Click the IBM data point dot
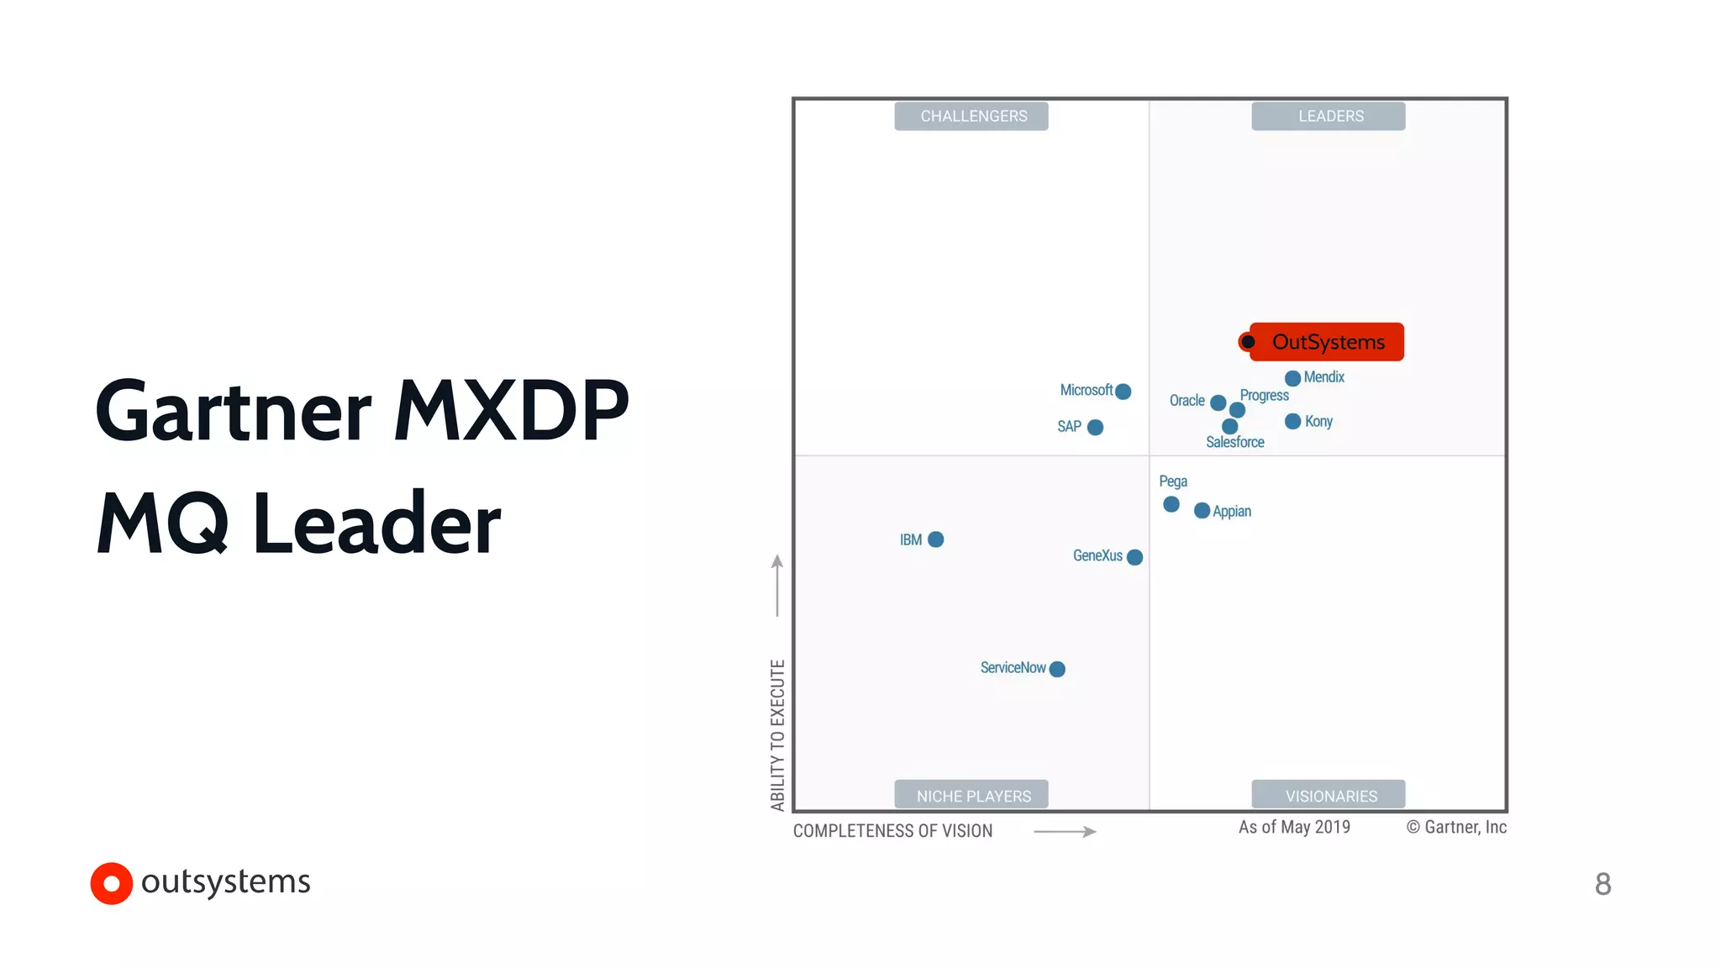click(935, 539)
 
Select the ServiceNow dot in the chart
click(1057, 669)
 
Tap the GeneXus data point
click(1134, 557)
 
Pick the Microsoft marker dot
click(1123, 392)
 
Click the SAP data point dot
click(1095, 428)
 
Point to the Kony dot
click(1292, 421)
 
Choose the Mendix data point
click(1292, 378)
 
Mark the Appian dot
click(1202, 511)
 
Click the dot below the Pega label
click(1171, 504)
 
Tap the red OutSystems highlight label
click(1327, 342)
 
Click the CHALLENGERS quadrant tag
click(971, 116)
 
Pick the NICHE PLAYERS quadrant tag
click(971, 795)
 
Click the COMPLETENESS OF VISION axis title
click(892, 831)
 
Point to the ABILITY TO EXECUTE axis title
click(777, 735)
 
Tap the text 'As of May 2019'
click(1294, 828)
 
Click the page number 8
click(1603, 884)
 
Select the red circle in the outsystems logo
click(112, 883)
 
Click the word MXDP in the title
click(511, 411)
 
